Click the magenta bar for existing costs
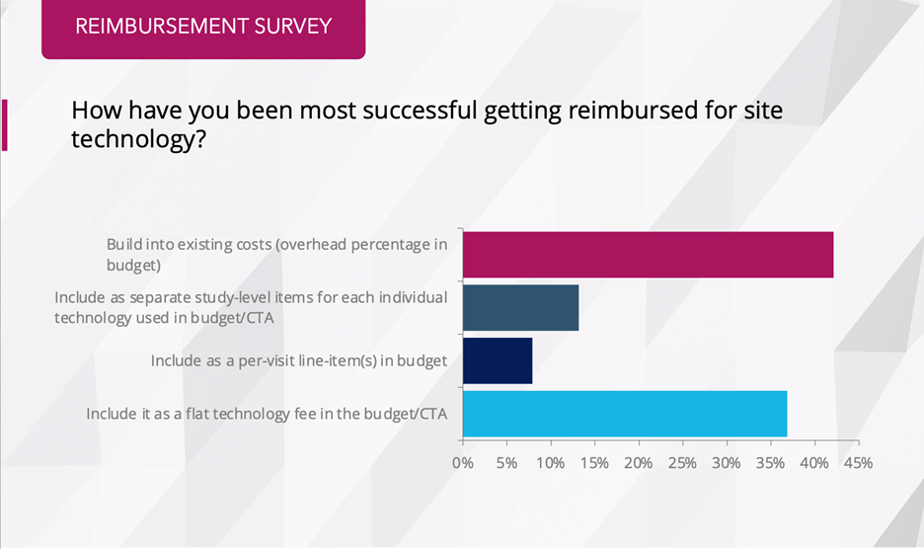click(x=648, y=255)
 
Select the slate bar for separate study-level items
click(x=520, y=308)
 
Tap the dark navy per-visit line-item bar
click(x=498, y=360)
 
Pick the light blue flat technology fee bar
click(x=625, y=414)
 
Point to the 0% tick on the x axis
click(x=462, y=462)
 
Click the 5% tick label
click(x=505, y=462)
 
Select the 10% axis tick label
click(x=550, y=462)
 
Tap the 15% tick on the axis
click(x=594, y=462)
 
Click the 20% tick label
click(x=639, y=462)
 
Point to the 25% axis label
click(x=682, y=462)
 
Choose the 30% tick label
click(x=727, y=462)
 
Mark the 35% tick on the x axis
click(x=770, y=462)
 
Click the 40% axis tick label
click(x=814, y=462)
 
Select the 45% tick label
click(x=858, y=462)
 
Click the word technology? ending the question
click(x=138, y=140)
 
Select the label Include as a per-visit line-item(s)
click(x=299, y=361)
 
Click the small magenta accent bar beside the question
click(x=4, y=125)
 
